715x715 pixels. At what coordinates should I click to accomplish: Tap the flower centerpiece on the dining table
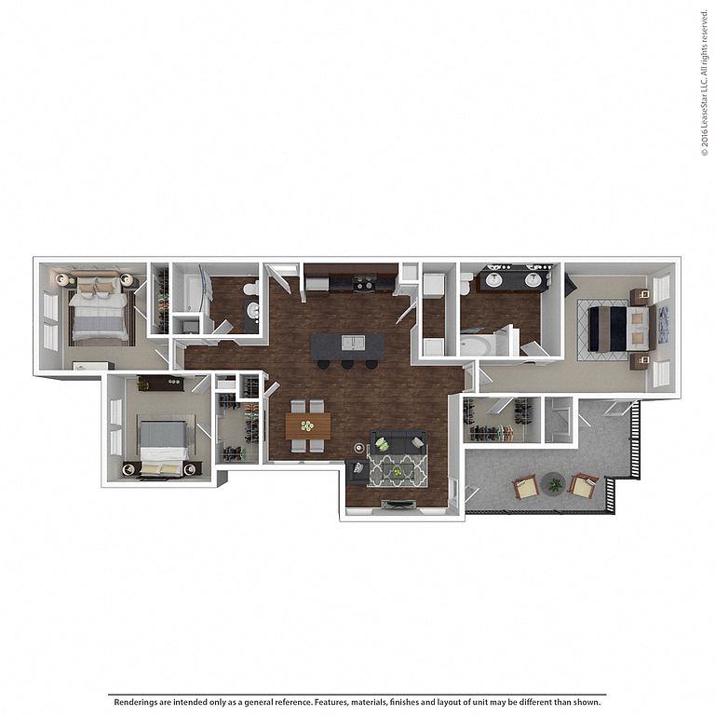click(x=307, y=425)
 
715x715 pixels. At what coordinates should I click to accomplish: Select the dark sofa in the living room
click(x=398, y=441)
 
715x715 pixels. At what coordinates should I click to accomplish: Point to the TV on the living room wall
click(x=398, y=504)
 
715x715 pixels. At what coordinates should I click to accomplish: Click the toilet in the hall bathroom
click(x=250, y=288)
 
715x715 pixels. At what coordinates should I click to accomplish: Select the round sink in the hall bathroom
click(x=252, y=312)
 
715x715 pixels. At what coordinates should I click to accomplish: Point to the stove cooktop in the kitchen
click(x=364, y=284)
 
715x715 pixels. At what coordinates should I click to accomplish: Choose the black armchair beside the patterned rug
click(x=357, y=472)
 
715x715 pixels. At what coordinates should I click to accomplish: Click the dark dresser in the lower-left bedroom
click(x=160, y=383)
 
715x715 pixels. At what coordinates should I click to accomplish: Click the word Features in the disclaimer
click(x=331, y=702)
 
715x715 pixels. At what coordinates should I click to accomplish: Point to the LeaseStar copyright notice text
click(x=705, y=83)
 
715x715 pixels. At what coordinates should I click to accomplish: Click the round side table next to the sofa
click(x=360, y=447)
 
